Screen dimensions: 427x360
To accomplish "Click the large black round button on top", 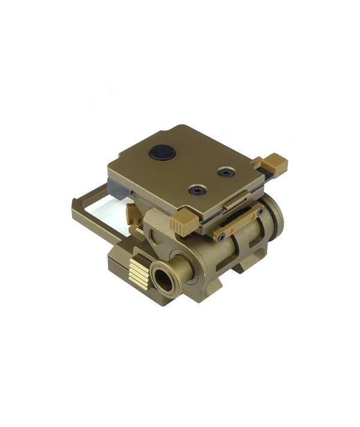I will pos(162,152).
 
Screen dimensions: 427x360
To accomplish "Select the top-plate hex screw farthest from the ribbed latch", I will pos(225,172).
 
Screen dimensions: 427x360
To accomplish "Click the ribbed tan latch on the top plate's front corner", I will pos(182,223).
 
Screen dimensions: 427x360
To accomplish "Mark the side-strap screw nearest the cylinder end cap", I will pos(260,211).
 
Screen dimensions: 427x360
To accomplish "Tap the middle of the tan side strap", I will pos(240,223).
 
